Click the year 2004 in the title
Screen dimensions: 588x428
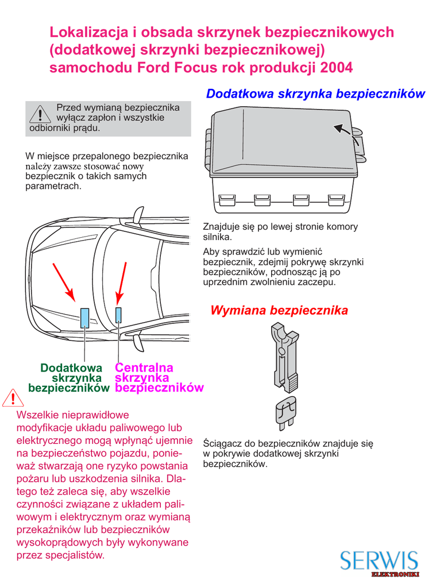[x=337, y=68]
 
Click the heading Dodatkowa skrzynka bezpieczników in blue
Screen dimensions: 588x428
[x=315, y=94]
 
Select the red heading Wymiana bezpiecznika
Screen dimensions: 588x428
[x=279, y=311]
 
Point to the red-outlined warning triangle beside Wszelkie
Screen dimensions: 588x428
[x=10, y=397]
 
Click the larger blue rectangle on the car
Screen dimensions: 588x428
[x=84, y=316]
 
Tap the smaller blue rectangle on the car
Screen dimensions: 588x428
[x=119, y=314]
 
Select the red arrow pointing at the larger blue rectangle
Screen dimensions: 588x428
[x=64, y=281]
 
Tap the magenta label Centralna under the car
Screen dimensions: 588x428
[x=144, y=367]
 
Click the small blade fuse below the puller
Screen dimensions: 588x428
[x=286, y=412]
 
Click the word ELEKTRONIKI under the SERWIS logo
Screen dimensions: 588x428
[x=395, y=574]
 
